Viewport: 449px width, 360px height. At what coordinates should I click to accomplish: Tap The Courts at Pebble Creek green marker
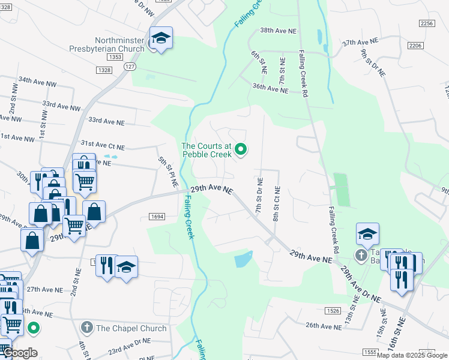pyautogui.click(x=241, y=149)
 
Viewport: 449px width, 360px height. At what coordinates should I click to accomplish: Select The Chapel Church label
pyautogui.click(x=131, y=328)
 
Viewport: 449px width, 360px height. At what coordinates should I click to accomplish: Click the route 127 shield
pyautogui.click(x=130, y=67)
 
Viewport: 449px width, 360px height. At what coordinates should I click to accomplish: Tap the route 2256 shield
pyautogui.click(x=427, y=23)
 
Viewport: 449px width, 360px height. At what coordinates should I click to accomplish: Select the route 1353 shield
pyautogui.click(x=116, y=57)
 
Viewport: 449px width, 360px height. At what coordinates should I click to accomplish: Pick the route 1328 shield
pyautogui.click(x=103, y=70)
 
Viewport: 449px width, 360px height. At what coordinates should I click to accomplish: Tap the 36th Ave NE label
pyautogui.click(x=270, y=88)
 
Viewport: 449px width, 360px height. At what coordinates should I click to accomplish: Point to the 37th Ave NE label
pyautogui.click(x=361, y=43)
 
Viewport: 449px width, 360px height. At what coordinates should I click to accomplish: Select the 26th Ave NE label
pyautogui.click(x=323, y=325)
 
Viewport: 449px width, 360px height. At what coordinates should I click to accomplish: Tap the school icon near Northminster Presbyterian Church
pyautogui.click(x=161, y=38)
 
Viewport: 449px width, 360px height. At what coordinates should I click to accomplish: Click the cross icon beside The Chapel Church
pyautogui.click(x=87, y=328)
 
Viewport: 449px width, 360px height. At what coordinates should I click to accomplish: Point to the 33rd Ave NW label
pyautogui.click(x=61, y=105)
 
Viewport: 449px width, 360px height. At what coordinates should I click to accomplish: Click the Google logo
pyautogui.click(x=20, y=353)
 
